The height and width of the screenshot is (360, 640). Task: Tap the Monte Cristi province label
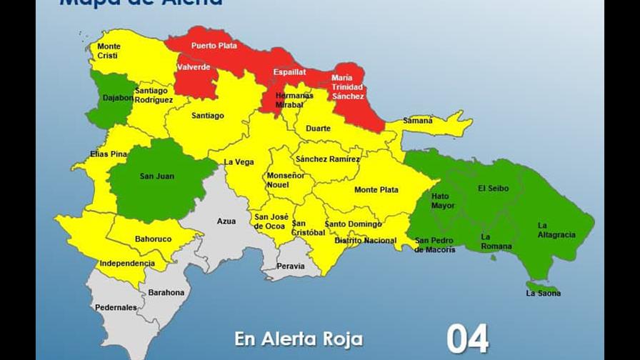(109, 51)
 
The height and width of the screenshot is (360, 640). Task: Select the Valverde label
(194, 68)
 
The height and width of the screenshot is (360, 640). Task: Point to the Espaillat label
(289, 73)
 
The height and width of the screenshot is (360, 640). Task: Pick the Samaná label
(418, 121)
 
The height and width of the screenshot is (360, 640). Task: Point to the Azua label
(226, 221)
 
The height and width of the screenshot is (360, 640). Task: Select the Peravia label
(291, 266)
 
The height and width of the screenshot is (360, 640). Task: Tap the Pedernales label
(116, 308)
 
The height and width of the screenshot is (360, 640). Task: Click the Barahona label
(166, 293)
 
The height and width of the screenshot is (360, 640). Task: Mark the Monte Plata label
(376, 190)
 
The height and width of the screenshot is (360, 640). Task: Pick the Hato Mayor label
(443, 201)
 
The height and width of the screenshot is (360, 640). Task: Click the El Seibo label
(494, 189)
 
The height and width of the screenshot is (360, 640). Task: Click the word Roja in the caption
(341, 339)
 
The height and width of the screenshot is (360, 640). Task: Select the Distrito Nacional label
(365, 241)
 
